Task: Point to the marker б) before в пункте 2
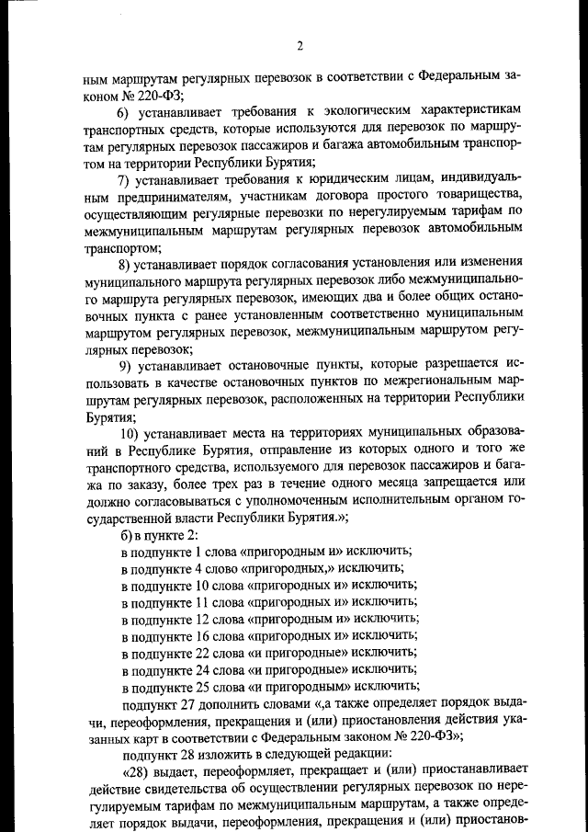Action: pos(128,533)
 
